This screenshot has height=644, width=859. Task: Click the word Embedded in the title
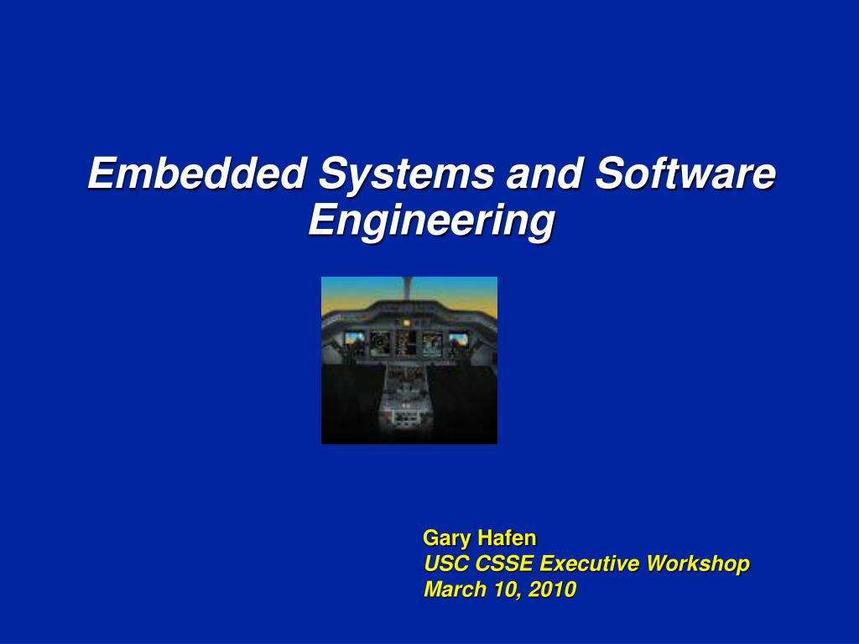coord(196,173)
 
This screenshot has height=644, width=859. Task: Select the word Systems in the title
coord(406,174)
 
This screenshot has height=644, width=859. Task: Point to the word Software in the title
coord(685,173)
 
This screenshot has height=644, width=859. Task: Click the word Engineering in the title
coord(432,221)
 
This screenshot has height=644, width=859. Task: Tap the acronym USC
coord(446,563)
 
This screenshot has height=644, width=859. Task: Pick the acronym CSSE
coord(504,563)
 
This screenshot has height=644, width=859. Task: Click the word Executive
coord(589,563)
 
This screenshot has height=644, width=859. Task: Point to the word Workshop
coord(697,564)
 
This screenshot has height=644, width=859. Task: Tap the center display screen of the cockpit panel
coord(407,342)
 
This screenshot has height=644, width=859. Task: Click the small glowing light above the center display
coord(406,323)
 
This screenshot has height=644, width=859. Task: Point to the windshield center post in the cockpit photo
coord(407,288)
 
